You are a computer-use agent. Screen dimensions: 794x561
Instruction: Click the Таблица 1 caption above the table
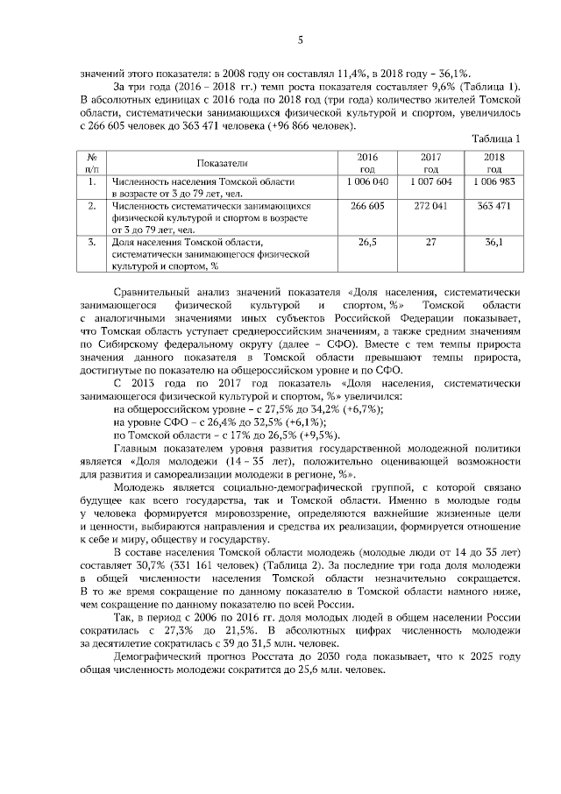pos(497,138)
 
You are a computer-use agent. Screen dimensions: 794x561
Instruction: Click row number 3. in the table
pos(91,242)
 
